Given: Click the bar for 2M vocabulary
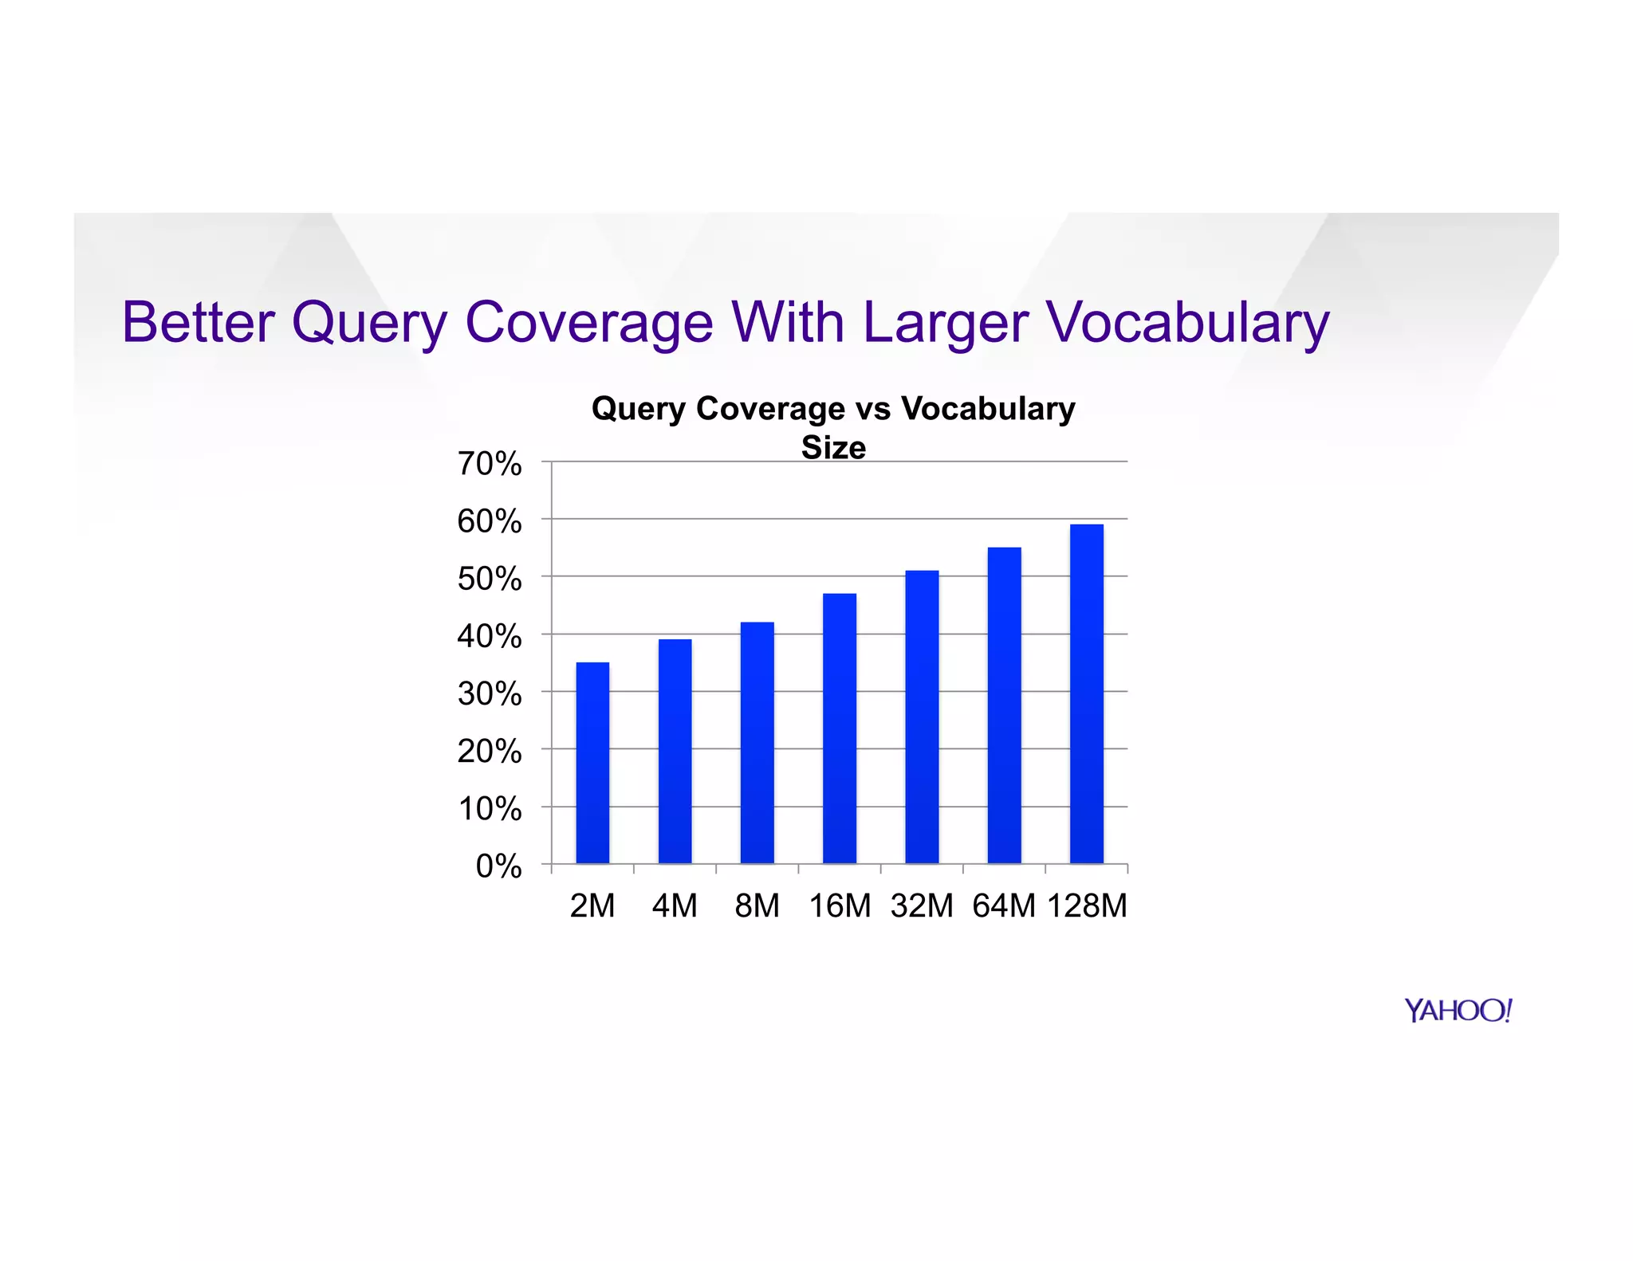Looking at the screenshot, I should click(592, 763).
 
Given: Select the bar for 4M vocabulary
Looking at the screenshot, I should click(675, 751).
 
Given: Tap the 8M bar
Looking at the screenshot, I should click(757, 742).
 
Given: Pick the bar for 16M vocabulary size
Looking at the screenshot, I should click(840, 728).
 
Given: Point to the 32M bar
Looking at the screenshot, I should click(922, 717).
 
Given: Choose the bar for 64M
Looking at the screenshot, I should click(1004, 705).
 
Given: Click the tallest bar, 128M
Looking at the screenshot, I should click(1086, 693).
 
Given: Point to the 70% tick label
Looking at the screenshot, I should click(490, 464).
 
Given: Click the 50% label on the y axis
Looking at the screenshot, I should click(490, 579).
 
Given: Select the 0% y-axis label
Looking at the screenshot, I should click(499, 866).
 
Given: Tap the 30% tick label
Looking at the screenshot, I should click(490, 694).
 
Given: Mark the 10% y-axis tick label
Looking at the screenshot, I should click(490, 809).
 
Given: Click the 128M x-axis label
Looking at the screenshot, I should click(1087, 906).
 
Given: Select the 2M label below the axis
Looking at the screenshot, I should click(592, 906).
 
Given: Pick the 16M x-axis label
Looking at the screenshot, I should click(840, 906).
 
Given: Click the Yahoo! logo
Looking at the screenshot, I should click(1458, 1011).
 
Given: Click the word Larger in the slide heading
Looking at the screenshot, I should click(945, 323).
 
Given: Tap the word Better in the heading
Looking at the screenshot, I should click(198, 323).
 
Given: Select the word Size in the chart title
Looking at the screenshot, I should click(833, 447).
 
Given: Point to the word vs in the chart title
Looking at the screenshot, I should click(873, 409).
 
